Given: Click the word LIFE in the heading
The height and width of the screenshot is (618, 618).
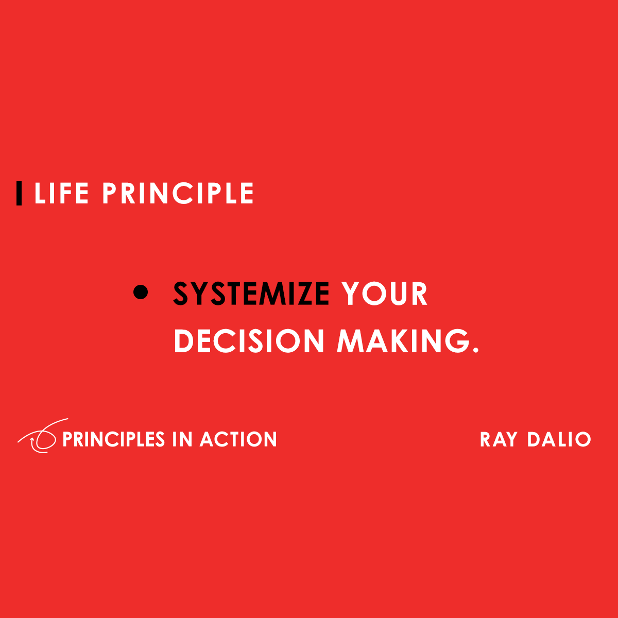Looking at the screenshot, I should [61, 194].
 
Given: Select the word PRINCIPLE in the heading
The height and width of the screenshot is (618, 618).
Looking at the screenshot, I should [178, 194].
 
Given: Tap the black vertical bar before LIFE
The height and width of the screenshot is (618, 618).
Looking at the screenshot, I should [19, 193].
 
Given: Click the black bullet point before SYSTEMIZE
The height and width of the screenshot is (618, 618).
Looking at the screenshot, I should [141, 293].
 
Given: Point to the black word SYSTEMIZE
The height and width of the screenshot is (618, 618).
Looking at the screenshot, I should [251, 294].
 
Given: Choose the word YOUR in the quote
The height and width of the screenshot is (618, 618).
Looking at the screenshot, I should [384, 294].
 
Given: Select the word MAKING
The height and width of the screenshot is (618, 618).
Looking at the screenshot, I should [403, 341].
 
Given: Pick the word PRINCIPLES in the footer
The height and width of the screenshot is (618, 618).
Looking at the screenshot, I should [113, 439].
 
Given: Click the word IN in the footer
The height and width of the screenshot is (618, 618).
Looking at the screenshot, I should [182, 439].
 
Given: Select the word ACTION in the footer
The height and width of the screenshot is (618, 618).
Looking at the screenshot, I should [238, 439].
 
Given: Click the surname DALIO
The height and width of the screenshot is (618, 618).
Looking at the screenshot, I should [559, 440].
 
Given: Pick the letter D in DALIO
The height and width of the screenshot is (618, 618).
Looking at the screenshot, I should [534, 440].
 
